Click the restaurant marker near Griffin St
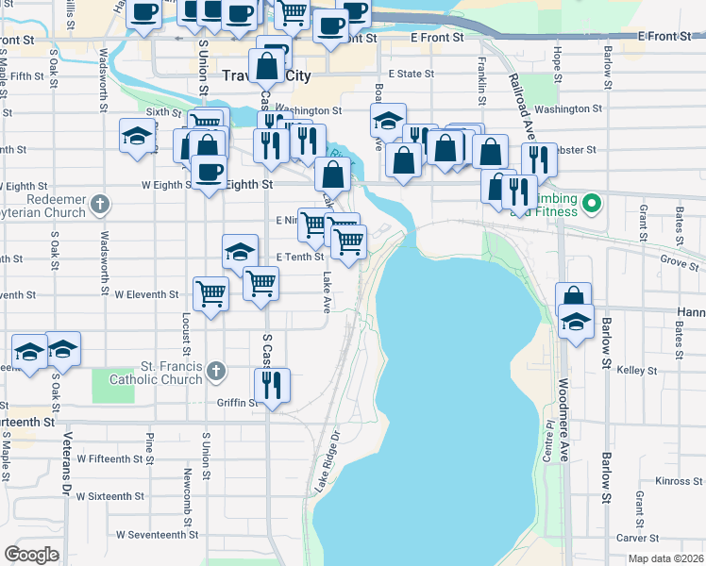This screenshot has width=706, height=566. pyautogui.click(x=272, y=385)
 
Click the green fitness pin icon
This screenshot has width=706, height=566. pyautogui.click(x=592, y=202)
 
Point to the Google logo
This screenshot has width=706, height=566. pyautogui.click(x=31, y=555)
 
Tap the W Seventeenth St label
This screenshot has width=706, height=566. pyautogui.click(x=158, y=534)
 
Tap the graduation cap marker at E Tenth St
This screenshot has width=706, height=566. pyautogui.click(x=240, y=252)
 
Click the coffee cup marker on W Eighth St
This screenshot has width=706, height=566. pyautogui.click(x=209, y=173)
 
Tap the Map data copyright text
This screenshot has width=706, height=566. pyautogui.click(x=664, y=558)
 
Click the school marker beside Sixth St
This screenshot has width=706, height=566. pyautogui.click(x=137, y=136)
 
